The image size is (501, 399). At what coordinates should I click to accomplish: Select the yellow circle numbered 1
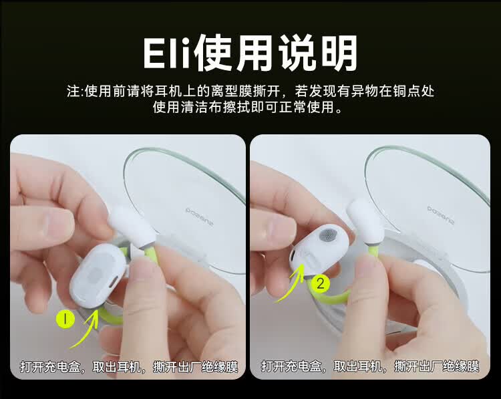[x=65, y=320]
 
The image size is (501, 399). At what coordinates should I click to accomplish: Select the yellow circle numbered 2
[x=321, y=283]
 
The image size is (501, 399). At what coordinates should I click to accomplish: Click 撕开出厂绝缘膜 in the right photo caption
[x=436, y=366]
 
